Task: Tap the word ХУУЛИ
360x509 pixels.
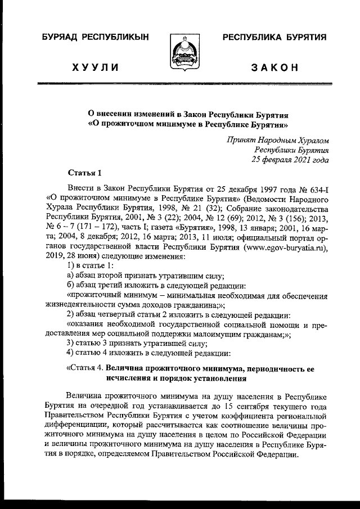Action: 95,69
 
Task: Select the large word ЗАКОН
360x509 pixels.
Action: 274,69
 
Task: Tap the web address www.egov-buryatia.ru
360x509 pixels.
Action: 285,246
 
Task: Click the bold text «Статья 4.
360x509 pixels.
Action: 85,368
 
